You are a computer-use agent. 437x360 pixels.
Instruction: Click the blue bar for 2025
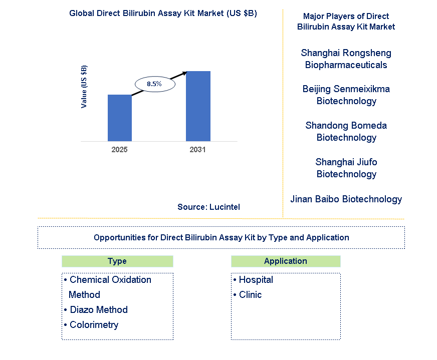pos(120,118)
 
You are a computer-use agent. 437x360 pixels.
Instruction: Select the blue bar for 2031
pos(198,106)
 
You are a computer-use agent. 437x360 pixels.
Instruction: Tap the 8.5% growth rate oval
pos(154,84)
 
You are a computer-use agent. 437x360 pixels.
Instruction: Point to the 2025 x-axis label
pos(120,150)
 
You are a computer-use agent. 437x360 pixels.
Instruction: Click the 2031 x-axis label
pos(197,150)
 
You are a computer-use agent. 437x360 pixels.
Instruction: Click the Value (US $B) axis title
pos(84,87)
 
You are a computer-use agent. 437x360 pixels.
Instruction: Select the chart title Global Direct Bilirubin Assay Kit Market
pos(163,14)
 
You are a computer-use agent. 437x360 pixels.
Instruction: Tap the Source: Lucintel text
pos(208,207)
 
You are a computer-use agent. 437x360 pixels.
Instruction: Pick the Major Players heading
pos(346,22)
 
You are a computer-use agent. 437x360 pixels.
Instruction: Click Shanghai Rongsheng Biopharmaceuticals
pos(346,59)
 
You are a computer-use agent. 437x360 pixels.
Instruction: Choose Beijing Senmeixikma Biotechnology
pos(346,95)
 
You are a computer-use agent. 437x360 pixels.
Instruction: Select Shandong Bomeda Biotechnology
pos(346,131)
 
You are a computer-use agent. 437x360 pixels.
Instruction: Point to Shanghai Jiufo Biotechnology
pos(346,168)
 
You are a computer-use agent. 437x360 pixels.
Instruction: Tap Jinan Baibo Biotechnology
pos(346,199)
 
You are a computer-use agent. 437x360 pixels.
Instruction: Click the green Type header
pos(117,261)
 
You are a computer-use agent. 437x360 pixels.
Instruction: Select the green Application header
pos(286,261)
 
